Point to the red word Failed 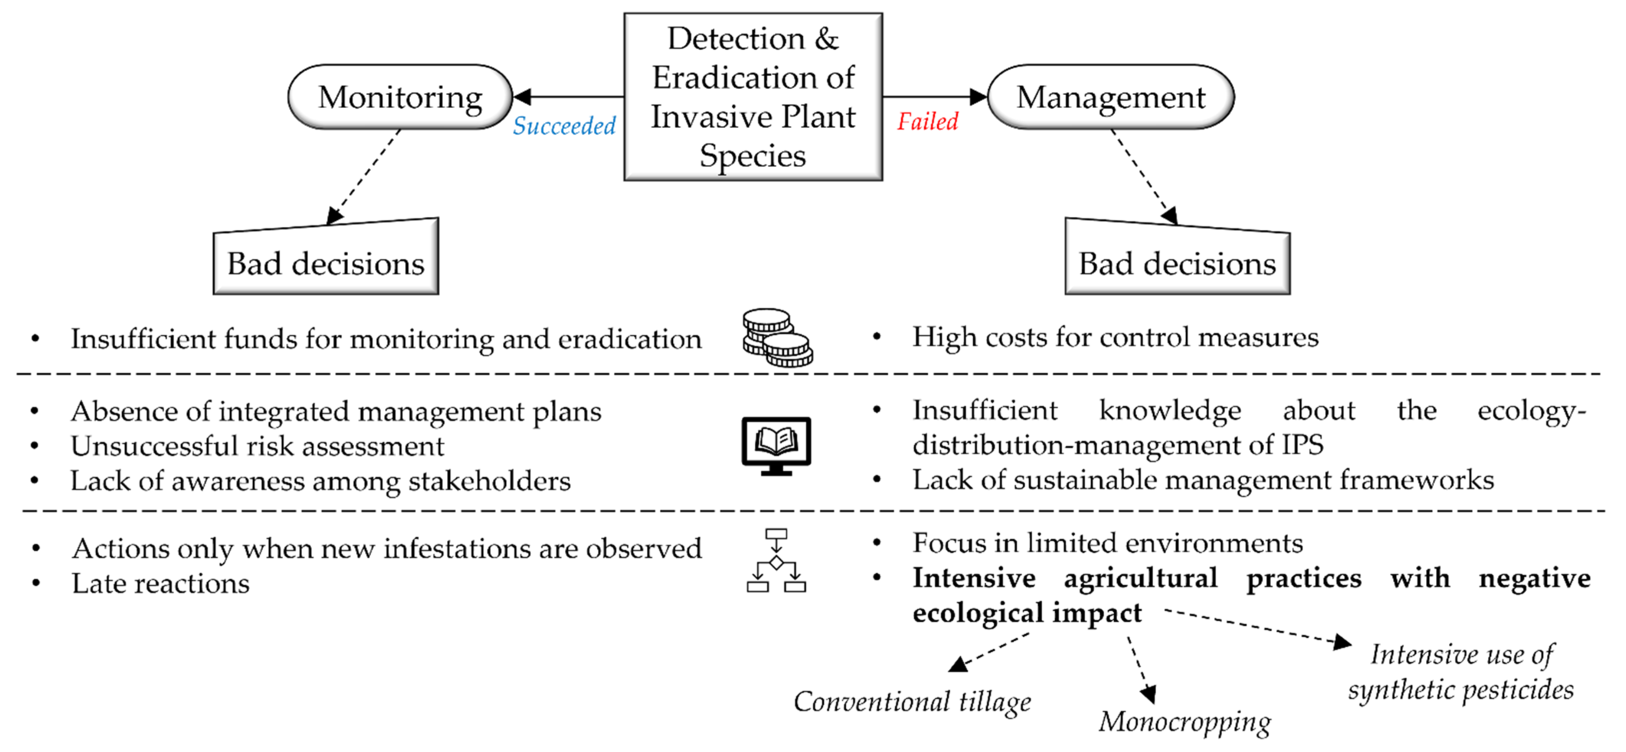[927, 121]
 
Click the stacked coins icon [777, 337]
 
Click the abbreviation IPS [1302, 445]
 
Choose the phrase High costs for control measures [1116, 337]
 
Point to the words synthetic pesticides [1461, 690]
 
